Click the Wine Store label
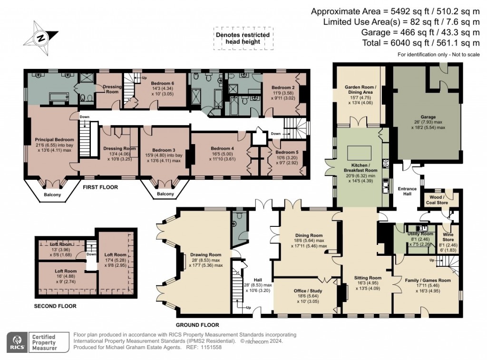448,236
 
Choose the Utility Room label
420,234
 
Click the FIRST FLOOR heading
100,187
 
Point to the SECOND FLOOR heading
55,306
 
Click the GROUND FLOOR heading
197,325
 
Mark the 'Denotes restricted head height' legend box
243,39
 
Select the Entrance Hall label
407,192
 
